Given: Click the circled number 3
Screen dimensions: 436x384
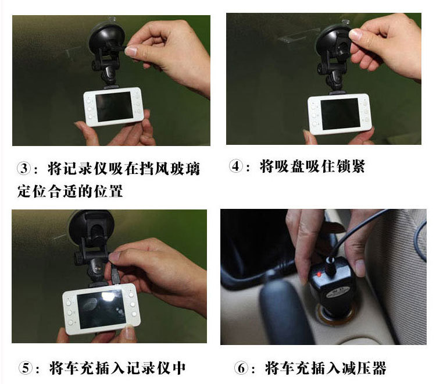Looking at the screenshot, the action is coord(24,168).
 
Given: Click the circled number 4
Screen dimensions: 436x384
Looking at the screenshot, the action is coord(236,166).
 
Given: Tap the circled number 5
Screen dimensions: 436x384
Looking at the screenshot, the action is coord(26,368).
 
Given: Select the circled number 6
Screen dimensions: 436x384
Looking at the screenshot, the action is coord(241,368).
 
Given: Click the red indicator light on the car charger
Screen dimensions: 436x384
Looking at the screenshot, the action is coord(319,275).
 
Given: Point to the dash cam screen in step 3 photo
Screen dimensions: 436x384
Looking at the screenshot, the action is coord(114,106).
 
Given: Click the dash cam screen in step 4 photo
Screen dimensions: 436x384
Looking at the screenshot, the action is coord(340,114).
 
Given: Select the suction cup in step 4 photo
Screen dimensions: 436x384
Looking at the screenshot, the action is coord(331,39).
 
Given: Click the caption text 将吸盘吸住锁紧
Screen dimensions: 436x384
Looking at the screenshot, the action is coord(312,166).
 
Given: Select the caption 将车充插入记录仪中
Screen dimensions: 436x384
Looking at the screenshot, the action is coord(117,368).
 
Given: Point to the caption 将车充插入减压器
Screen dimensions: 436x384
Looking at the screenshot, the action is coord(326,368).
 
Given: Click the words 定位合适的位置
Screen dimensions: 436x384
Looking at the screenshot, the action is coord(70,191).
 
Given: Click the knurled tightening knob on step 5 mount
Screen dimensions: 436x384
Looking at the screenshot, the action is coord(78,258).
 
